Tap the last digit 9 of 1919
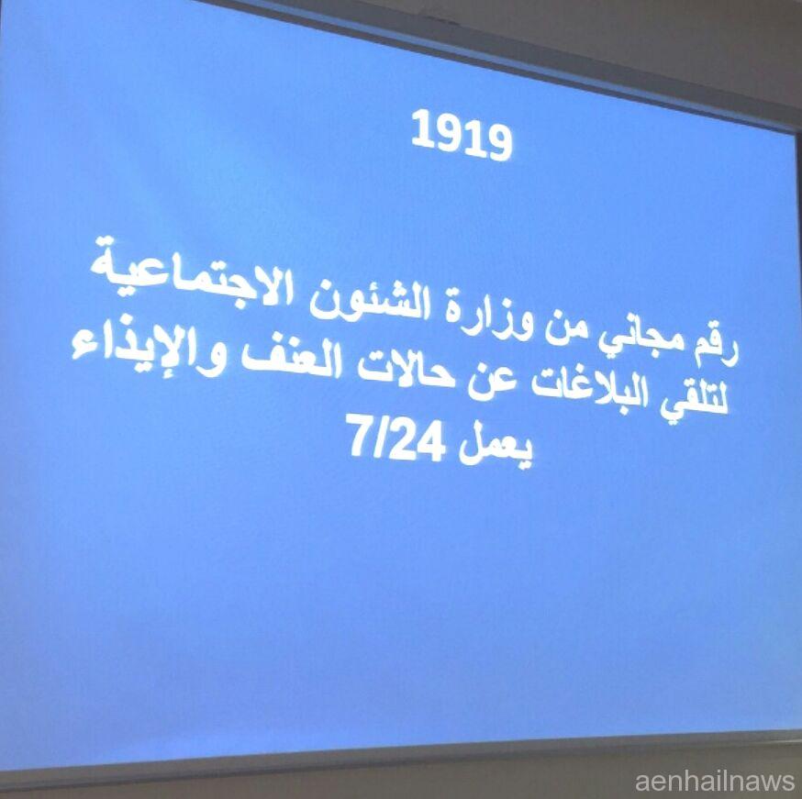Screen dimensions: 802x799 (x=498, y=141)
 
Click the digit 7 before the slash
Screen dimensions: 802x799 (x=359, y=435)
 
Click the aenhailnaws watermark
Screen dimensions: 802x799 (x=715, y=782)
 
